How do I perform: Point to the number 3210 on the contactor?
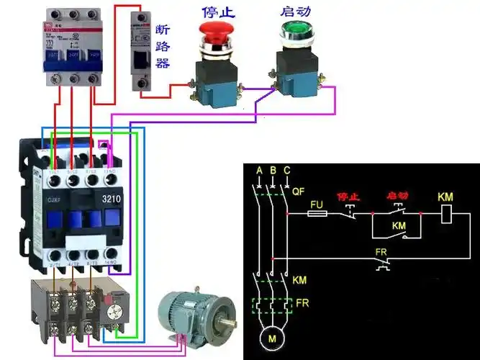coord(112,199)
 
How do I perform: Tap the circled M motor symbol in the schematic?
coord(272,338)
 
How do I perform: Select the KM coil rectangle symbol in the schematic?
coord(446,213)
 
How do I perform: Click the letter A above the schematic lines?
coord(259,170)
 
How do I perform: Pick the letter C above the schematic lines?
coord(287,170)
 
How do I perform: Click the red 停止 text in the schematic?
coord(348,196)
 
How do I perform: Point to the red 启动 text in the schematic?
coord(398,196)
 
